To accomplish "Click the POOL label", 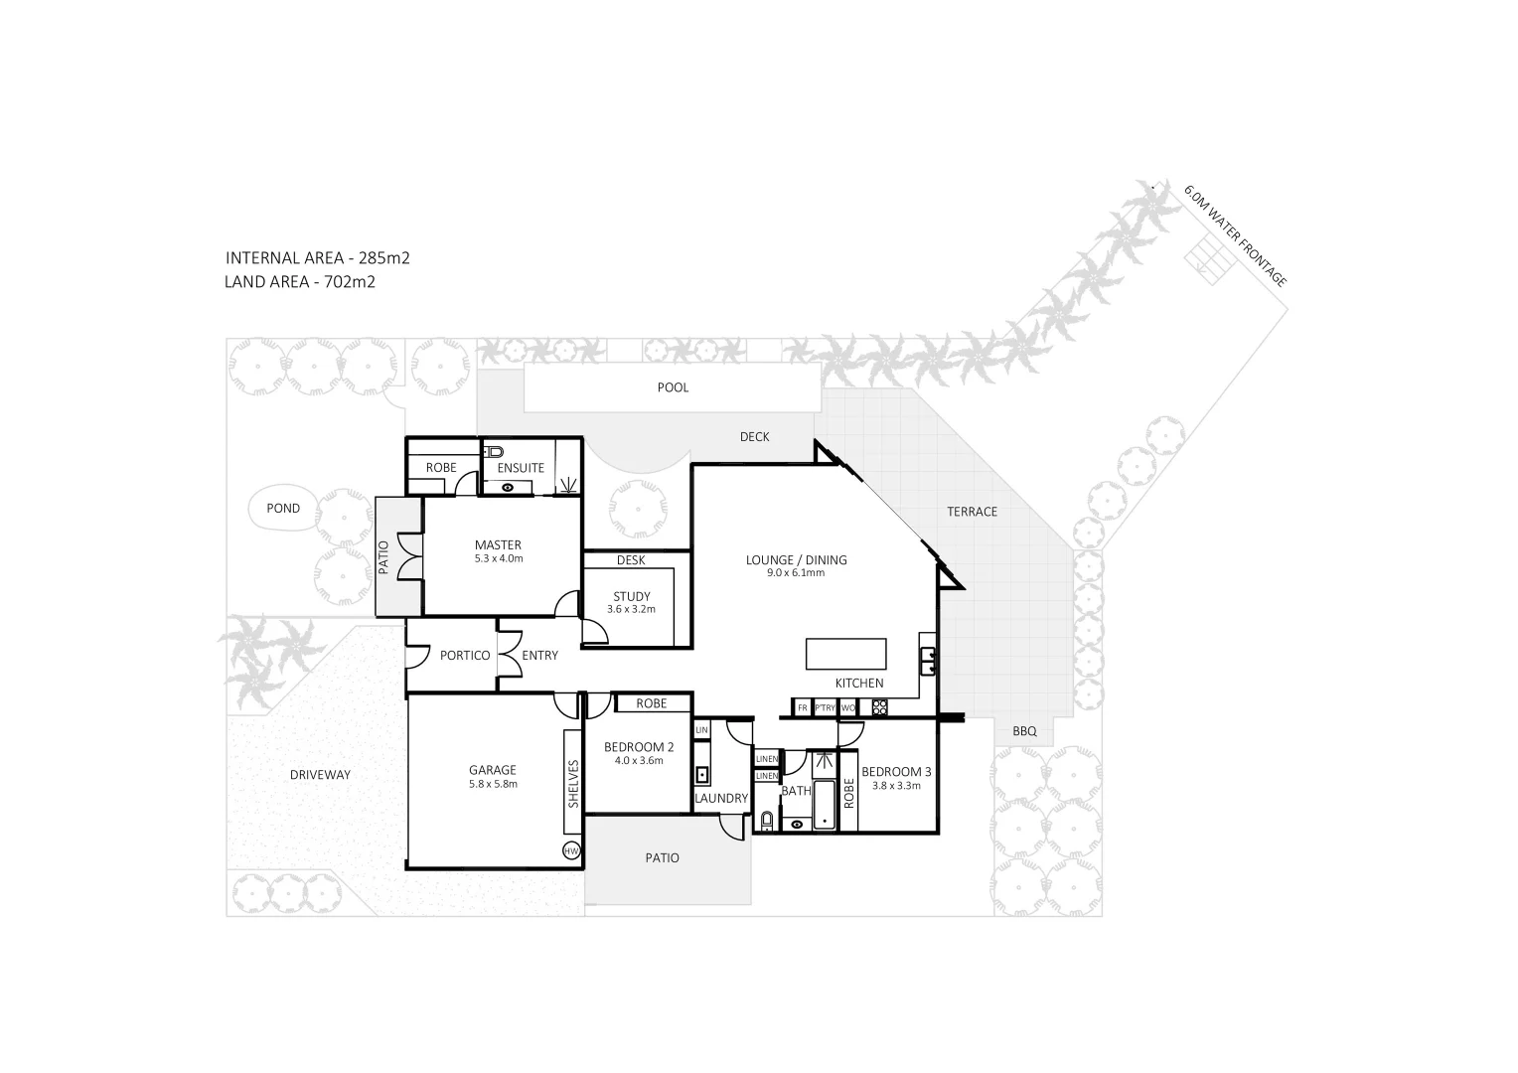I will tap(673, 387).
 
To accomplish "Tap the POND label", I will tap(283, 509).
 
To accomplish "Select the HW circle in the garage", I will tap(571, 851).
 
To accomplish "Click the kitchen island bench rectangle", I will tap(845, 655).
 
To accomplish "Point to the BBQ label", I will tap(1024, 731).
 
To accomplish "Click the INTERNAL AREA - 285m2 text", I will tap(317, 258).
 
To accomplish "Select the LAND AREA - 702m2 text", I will tap(299, 282).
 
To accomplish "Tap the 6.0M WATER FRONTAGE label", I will tap(1235, 235).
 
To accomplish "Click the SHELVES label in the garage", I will tap(573, 784).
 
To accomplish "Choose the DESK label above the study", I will tap(631, 560).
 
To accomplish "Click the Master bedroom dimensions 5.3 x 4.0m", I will tap(498, 558).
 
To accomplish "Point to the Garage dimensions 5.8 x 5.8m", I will tap(493, 784).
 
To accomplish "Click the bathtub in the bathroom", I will tap(825, 804).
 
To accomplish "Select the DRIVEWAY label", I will tap(320, 775).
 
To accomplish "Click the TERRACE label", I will tap(972, 512).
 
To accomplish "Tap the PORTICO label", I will tap(465, 656).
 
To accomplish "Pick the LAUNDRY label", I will tap(720, 798).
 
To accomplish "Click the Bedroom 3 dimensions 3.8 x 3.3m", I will tap(896, 786).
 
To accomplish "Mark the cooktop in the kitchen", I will tap(879, 707).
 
